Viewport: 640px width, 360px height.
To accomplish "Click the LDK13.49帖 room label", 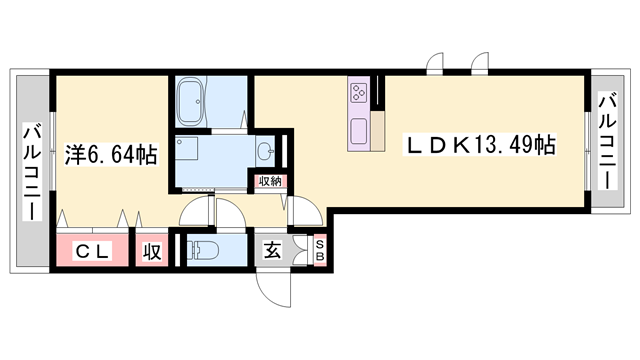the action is (480, 145).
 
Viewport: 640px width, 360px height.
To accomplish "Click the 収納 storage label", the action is (270, 181).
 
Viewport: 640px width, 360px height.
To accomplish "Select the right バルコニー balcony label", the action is (607, 140).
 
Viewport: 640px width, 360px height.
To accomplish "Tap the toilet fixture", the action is (208, 251).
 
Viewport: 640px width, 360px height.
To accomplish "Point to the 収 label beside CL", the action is (151, 251).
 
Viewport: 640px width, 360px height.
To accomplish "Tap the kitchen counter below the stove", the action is (360, 130).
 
